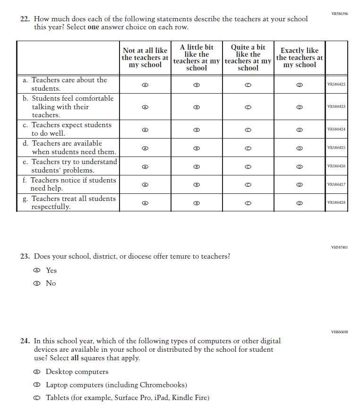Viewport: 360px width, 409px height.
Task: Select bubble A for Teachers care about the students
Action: point(145,85)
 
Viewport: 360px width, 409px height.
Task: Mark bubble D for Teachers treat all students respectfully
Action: point(299,203)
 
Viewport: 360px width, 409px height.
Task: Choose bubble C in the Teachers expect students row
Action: point(248,130)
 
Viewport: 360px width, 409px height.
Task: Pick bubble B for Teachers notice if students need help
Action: point(197,184)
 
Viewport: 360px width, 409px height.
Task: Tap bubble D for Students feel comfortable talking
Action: point(299,107)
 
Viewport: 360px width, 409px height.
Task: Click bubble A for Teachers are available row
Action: point(145,148)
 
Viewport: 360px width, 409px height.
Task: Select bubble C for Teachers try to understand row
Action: point(248,166)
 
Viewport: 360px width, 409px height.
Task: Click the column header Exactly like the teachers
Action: point(300,57)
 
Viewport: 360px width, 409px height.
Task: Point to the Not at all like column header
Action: point(145,57)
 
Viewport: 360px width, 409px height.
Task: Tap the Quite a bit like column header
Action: point(248,57)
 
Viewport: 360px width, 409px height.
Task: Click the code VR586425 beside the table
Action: point(336,148)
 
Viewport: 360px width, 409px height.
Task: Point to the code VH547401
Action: point(339,247)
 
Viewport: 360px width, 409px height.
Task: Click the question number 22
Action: point(25,19)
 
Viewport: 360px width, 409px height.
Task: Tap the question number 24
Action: point(25,341)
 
